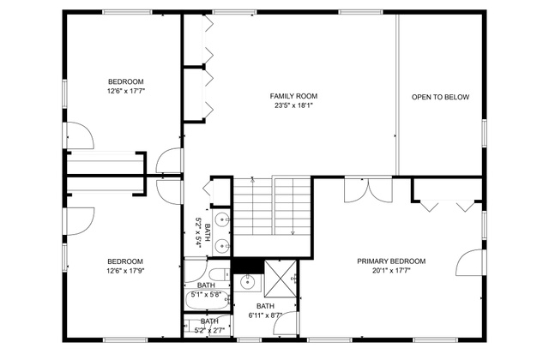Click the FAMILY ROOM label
[293, 96]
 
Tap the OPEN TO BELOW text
[440, 97]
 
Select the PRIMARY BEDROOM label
[391, 261]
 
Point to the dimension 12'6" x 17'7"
[126, 91]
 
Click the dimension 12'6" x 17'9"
[126, 271]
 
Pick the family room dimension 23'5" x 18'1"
[293, 105]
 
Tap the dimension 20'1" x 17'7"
[391, 270]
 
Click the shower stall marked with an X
[281, 279]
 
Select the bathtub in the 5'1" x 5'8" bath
[207, 300]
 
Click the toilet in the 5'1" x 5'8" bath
[219, 274]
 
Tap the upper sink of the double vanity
[222, 220]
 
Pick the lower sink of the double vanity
[222, 246]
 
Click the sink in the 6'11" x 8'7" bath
[248, 282]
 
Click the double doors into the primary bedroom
[368, 190]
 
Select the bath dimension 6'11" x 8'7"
[265, 315]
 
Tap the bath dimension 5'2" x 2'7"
[209, 330]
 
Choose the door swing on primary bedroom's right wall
[469, 262]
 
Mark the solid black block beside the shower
[248, 266]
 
